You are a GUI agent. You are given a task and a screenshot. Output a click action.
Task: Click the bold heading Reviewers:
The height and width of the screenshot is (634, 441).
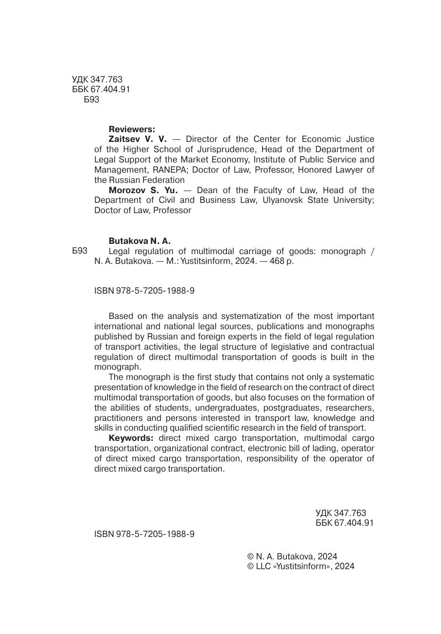tap(132, 129)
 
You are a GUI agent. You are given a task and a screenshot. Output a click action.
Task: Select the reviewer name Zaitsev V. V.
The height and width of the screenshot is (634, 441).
tap(137, 139)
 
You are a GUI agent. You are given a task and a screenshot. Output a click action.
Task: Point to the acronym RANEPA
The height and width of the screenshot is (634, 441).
tap(167, 170)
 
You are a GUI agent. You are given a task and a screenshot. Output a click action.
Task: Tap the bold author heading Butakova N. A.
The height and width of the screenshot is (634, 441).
tap(140, 241)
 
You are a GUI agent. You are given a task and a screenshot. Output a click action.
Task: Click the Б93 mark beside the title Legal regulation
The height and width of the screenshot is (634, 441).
tap(80, 251)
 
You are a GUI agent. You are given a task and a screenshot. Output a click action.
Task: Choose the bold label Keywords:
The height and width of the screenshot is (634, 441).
tap(131, 438)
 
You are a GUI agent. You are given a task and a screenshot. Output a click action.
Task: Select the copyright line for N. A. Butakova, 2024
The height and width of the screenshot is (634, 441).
tap(292, 556)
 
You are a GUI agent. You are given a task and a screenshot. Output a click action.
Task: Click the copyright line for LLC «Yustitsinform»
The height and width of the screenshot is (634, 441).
tap(301, 566)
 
